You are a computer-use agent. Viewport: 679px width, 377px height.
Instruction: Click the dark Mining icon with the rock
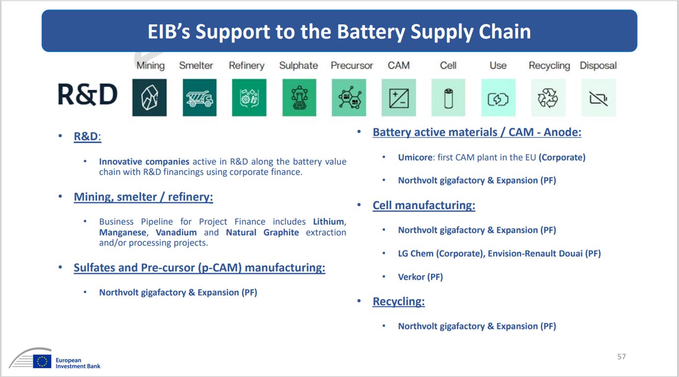(x=149, y=98)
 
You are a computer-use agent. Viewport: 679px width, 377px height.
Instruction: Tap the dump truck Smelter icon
(x=200, y=98)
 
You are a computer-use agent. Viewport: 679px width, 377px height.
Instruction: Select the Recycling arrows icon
(x=548, y=98)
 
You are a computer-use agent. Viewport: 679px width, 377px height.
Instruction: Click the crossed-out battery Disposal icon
(x=599, y=98)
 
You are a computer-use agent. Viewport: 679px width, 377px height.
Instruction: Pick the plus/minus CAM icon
(x=398, y=98)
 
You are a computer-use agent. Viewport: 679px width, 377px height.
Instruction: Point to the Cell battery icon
(x=448, y=98)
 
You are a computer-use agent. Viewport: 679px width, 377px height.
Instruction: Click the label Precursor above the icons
(x=352, y=65)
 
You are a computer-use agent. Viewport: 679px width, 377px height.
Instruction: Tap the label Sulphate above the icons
(x=298, y=66)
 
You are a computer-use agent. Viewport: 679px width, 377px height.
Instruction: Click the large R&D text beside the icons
(x=87, y=94)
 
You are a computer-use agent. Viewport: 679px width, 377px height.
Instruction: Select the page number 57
(x=622, y=356)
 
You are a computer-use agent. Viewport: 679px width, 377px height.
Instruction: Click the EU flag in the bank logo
(x=42, y=361)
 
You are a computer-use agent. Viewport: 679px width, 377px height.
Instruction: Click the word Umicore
(x=415, y=158)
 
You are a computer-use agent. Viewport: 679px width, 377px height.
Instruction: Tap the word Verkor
(x=411, y=277)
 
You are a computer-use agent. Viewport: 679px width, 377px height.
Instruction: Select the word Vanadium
(x=176, y=232)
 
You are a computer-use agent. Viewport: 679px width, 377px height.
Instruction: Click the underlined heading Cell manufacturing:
(x=424, y=205)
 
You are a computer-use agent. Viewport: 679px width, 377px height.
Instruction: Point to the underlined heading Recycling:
(x=398, y=301)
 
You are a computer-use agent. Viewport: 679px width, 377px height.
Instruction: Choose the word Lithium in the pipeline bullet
(x=329, y=222)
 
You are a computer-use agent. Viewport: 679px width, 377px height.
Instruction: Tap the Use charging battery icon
(x=498, y=98)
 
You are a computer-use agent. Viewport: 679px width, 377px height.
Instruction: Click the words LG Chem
(x=416, y=253)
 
